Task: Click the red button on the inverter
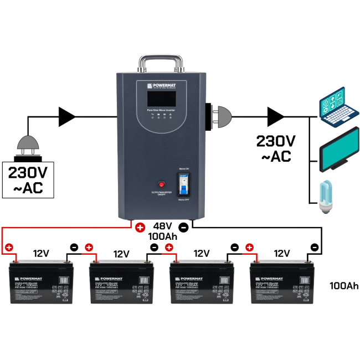[x=162, y=184]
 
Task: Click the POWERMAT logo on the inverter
[x=165, y=86]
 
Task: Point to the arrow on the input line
[x=68, y=117]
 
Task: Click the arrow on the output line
[x=275, y=117]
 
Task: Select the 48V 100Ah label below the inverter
[x=161, y=232]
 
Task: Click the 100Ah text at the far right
[x=344, y=286]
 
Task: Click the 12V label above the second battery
[x=121, y=254]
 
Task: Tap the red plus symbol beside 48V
[x=140, y=227]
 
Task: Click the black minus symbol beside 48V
[x=184, y=227]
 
